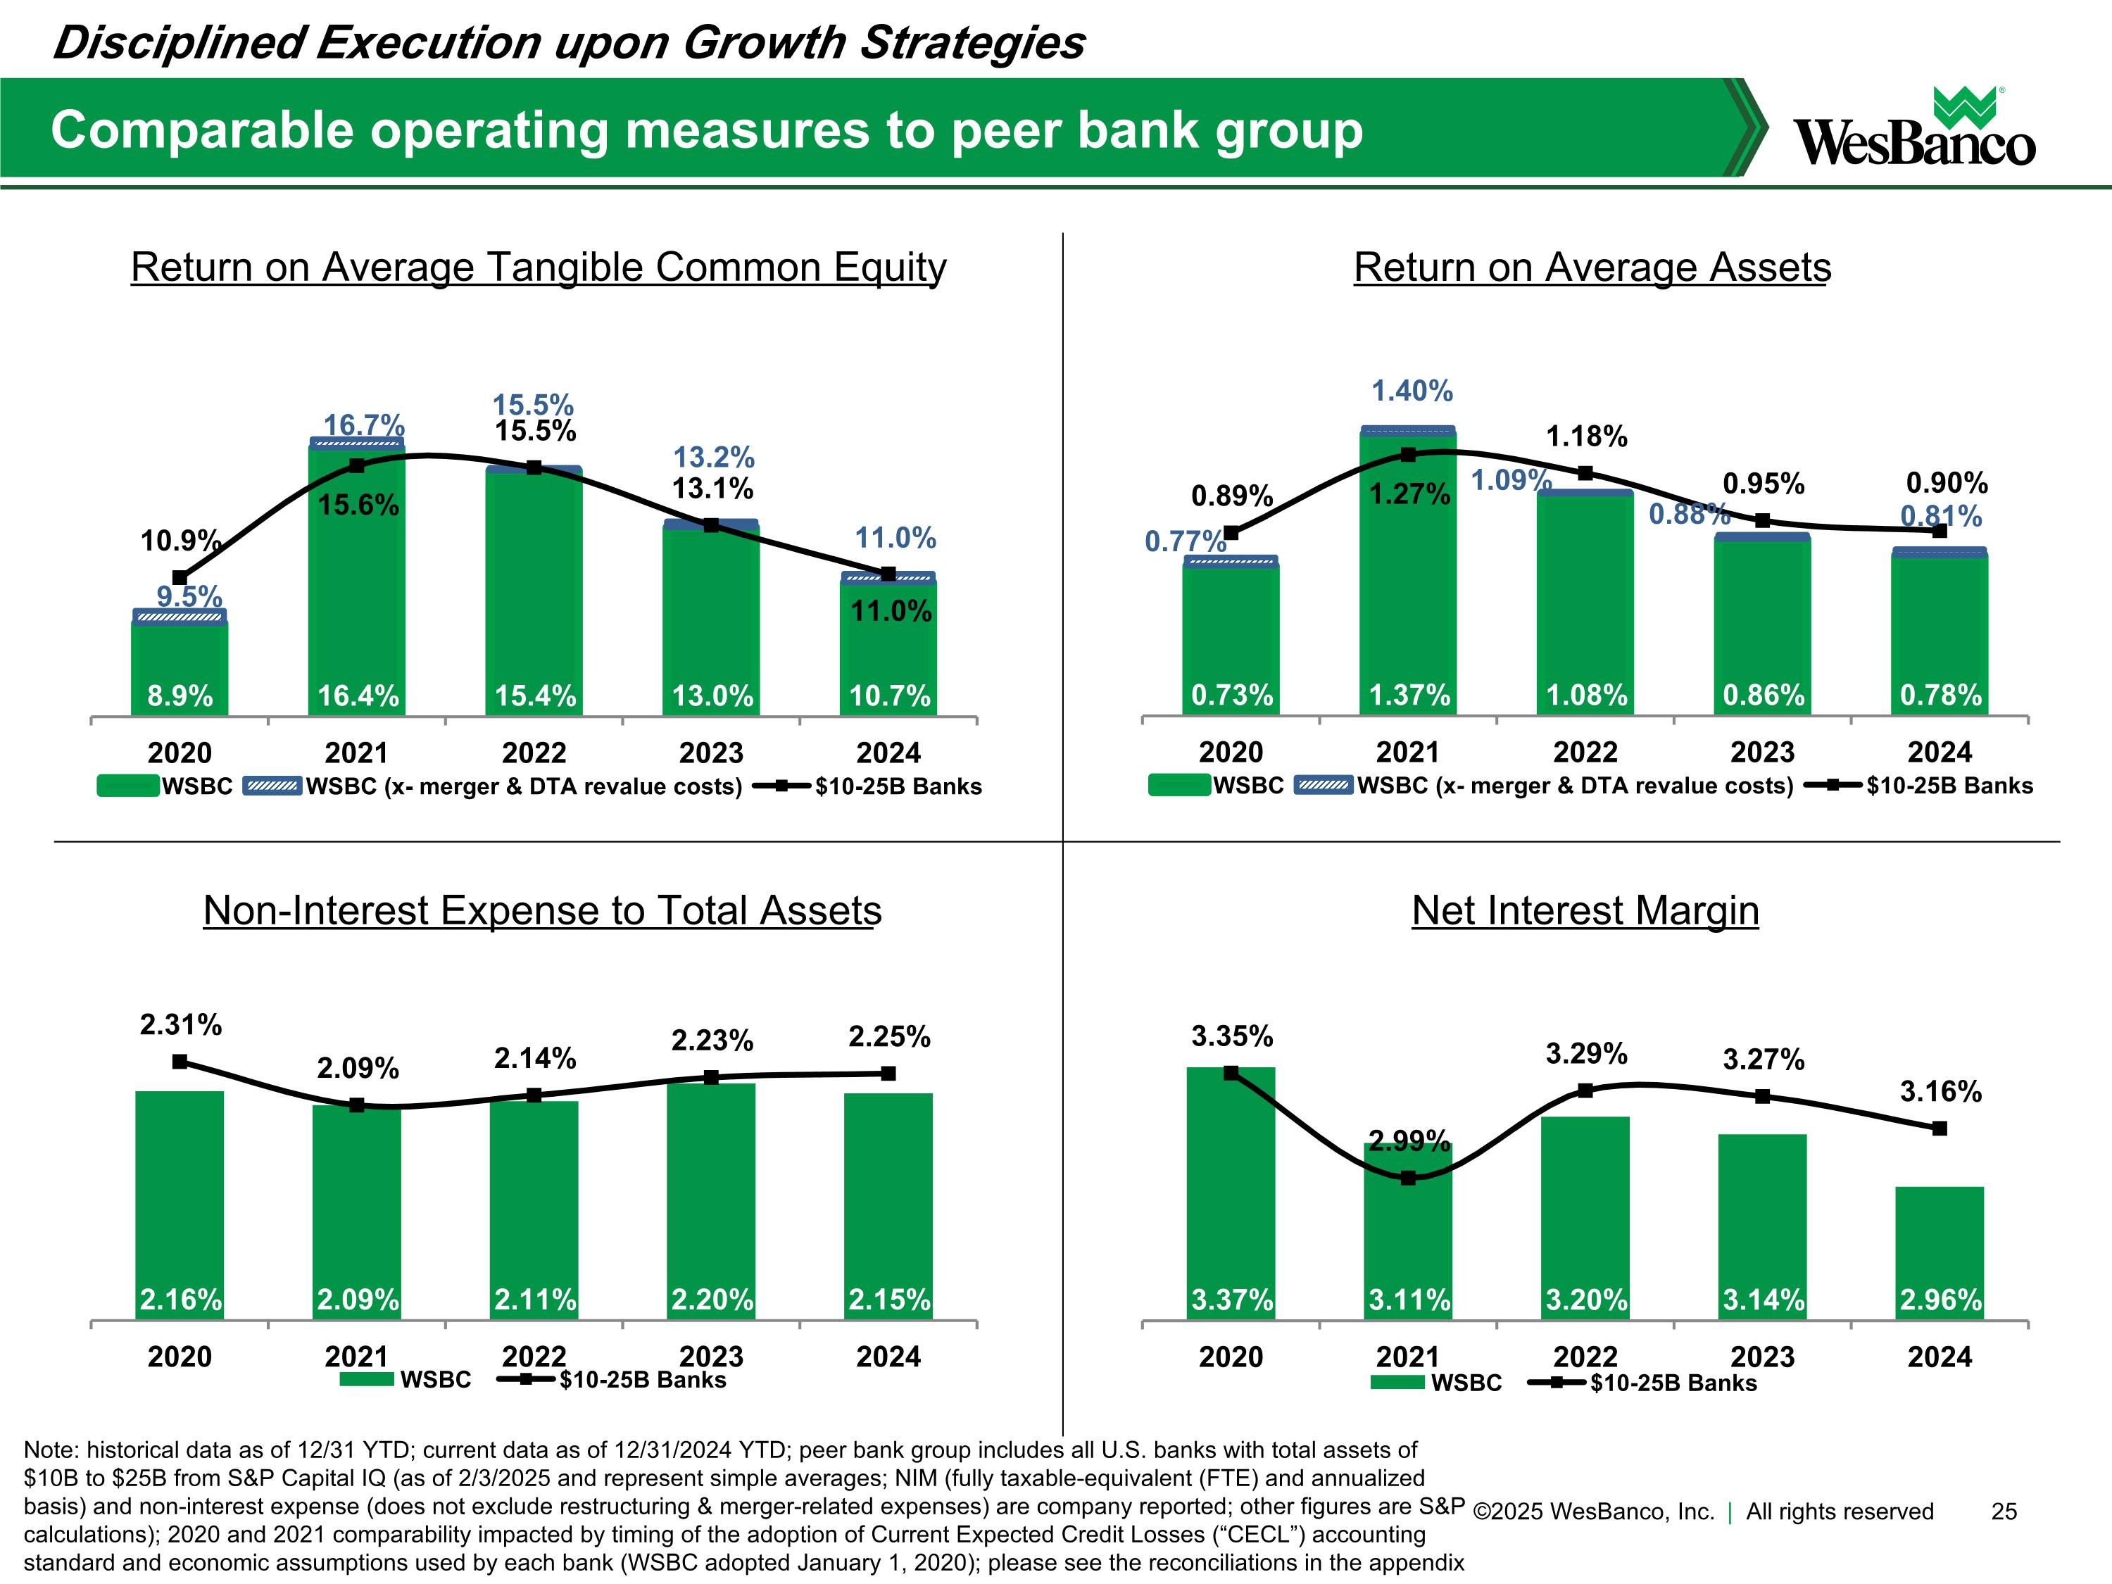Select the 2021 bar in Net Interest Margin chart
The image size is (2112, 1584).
coord(1407,1232)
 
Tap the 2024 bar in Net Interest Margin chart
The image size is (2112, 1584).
coord(1940,1254)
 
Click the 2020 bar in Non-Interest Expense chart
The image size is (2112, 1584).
coord(180,1206)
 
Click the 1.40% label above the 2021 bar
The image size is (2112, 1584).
coord(1412,391)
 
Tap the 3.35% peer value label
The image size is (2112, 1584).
coord(1232,1036)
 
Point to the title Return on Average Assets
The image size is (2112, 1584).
coord(1592,268)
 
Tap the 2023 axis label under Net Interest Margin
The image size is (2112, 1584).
coord(1763,1357)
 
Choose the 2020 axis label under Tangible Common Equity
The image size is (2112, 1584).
coord(180,753)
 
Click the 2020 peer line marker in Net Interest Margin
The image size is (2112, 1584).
coord(1231,1073)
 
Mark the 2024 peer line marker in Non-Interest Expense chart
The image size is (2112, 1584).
coord(888,1073)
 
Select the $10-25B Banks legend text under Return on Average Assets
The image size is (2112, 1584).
coord(1949,786)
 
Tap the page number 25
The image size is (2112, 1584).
coord(2004,1511)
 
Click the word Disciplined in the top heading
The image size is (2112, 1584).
coord(179,43)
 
